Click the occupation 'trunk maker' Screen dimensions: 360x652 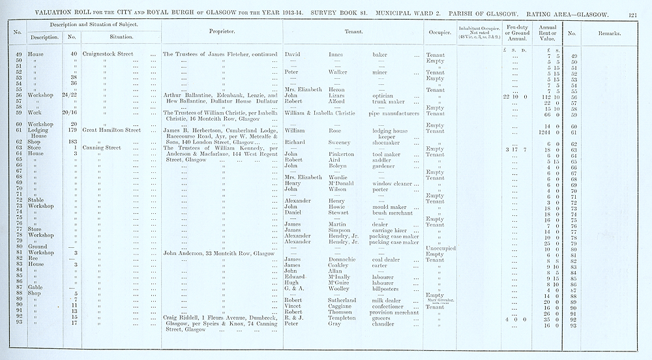[x=387, y=102]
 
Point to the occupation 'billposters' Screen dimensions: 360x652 [x=387, y=289]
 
